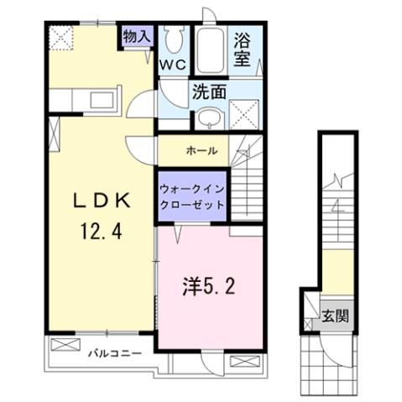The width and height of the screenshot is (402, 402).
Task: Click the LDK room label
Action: (x=98, y=201)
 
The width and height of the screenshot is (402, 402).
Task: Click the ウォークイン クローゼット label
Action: (x=191, y=196)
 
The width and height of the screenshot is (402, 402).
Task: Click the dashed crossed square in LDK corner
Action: (x=61, y=38)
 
